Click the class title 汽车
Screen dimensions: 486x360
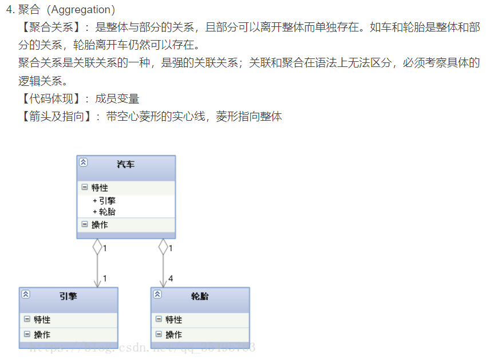pos(125,164)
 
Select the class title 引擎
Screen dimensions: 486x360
pos(68,296)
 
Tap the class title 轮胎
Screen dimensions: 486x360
pos(200,296)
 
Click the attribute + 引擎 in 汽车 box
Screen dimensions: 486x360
pos(105,201)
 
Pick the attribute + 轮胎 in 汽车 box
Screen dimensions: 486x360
pos(105,211)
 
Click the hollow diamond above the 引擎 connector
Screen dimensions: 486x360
pos(97,247)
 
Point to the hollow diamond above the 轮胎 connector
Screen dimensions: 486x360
pos(163,247)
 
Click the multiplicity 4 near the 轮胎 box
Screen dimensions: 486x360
pos(171,279)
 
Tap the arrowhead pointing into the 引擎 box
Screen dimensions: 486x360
pos(97,283)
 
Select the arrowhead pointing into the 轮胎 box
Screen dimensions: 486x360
pos(163,283)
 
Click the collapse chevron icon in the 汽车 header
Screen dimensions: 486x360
pos(84,162)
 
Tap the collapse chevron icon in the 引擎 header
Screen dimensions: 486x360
pos(26,294)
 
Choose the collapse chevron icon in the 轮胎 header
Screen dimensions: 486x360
pos(157,294)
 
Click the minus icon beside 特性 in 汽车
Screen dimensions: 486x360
pos(85,187)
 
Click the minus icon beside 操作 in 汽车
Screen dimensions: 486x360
pos(85,224)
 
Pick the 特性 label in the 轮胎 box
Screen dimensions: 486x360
pos(174,319)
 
